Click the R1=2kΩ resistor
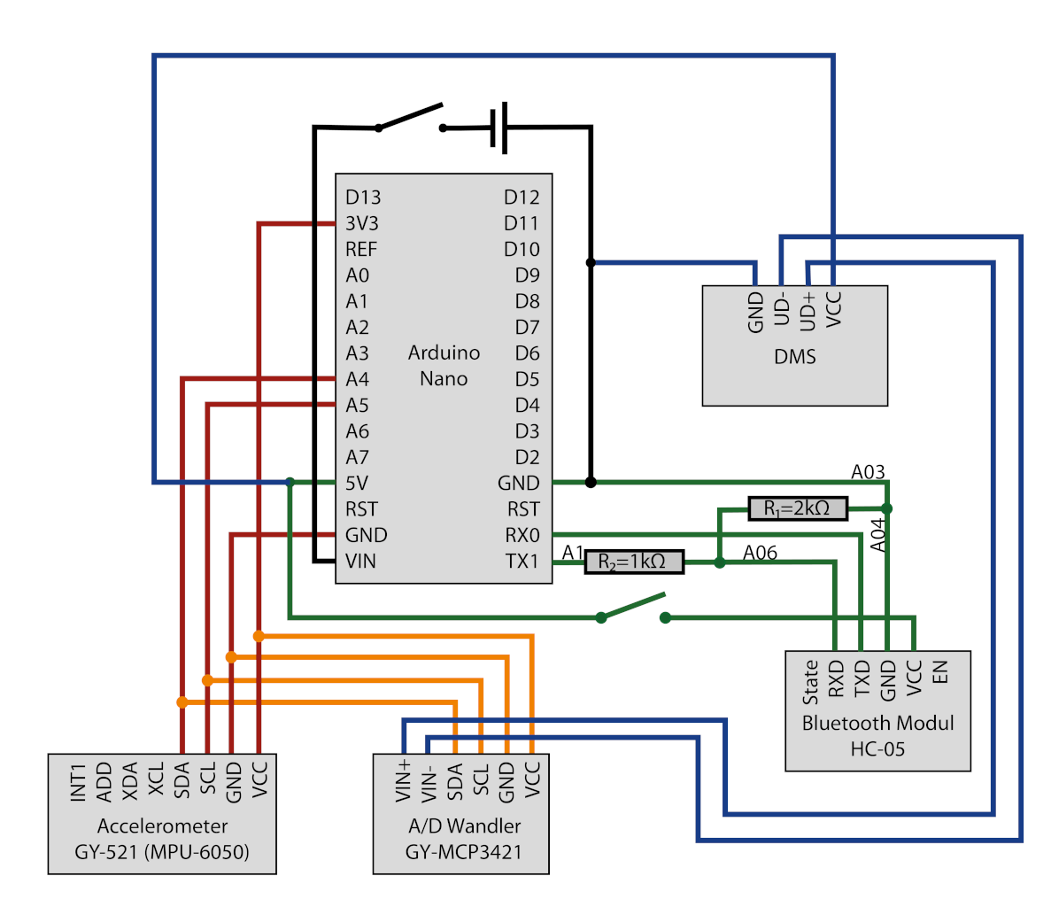tap(797, 508)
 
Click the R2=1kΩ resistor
tap(634, 562)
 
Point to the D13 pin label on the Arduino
tap(363, 197)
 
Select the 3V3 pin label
tap(361, 223)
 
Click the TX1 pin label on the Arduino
tap(522, 562)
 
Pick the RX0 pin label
tap(522, 535)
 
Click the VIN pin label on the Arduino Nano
tap(360, 562)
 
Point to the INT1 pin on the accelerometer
tap(78, 782)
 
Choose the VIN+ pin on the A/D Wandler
tap(404, 779)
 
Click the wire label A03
tap(868, 472)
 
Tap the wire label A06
tap(760, 554)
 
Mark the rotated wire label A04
tap(877, 535)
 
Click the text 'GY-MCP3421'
tap(464, 852)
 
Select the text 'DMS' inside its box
tap(794, 357)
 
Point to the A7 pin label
tap(357, 457)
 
